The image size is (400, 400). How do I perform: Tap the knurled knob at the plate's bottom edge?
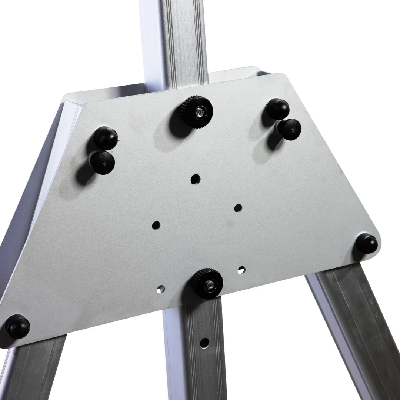click(x=207, y=283)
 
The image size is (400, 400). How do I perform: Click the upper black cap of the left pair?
click(x=105, y=138)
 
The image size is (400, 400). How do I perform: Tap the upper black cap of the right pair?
click(x=277, y=109)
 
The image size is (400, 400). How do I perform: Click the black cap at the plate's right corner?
click(x=367, y=244)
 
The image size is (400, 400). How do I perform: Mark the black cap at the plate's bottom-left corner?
click(x=17, y=326)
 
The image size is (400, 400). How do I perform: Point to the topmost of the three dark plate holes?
click(x=195, y=179)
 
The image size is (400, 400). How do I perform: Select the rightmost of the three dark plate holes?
click(x=238, y=207)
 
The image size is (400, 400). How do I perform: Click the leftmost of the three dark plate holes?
click(x=156, y=225)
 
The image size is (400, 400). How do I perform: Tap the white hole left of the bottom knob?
click(x=161, y=289)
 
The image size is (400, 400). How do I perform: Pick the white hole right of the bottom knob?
click(x=241, y=269)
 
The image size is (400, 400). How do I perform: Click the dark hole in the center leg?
click(x=203, y=342)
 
